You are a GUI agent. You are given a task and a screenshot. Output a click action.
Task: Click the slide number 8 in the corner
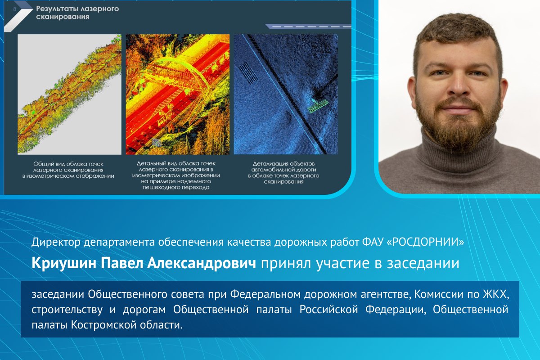[x=15, y=9]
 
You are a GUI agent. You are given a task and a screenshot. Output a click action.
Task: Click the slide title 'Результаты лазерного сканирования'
[x=77, y=13]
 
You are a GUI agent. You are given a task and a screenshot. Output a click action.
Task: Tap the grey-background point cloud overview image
[x=69, y=94]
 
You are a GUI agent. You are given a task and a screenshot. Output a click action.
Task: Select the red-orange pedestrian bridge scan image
[x=178, y=94]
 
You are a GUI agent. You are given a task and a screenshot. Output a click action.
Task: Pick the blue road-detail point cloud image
[x=286, y=94]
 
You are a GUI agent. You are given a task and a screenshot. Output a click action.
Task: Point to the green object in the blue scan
[x=318, y=106]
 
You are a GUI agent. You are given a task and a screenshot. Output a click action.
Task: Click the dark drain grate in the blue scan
[x=248, y=73]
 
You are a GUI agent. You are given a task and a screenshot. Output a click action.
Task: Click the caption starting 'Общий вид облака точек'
[x=68, y=170]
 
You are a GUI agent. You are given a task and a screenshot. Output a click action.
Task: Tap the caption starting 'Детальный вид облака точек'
[x=176, y=175]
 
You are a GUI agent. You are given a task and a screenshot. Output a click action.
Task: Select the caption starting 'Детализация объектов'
[x=283, y=173]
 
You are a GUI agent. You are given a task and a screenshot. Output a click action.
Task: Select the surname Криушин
[x=64, y=263]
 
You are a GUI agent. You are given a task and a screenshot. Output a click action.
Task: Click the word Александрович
[x=202, y=263]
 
